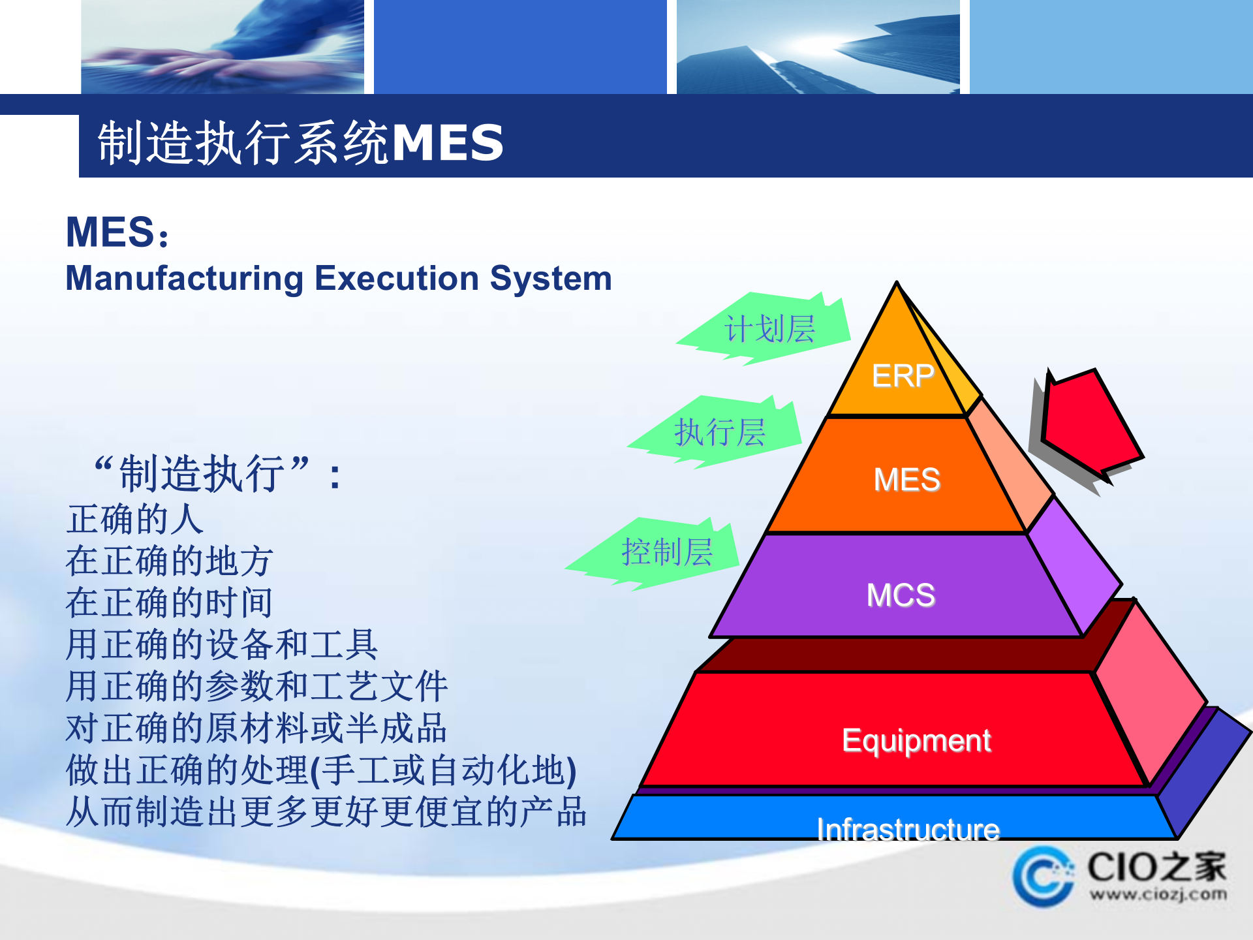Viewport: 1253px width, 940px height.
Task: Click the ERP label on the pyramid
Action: coord(903,376)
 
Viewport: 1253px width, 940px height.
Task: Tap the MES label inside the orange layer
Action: coord(906,480)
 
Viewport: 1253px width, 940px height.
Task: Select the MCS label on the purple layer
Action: coord(901,595)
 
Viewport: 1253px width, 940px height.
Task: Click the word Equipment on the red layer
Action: coord(916,741)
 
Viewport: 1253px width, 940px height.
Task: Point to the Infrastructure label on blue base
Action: coord(908,829)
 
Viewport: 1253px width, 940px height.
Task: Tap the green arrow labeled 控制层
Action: coord(666,553)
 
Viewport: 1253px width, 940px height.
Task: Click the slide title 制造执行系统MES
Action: coord(300,142)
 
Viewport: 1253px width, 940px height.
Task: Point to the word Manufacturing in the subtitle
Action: coord(185,279)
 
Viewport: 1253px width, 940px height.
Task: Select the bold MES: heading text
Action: coord(117,232)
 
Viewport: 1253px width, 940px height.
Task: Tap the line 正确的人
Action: coord(135,520)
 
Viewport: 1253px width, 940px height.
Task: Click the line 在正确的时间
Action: coord(169,603)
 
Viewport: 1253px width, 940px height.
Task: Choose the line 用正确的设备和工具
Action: coord(222,645)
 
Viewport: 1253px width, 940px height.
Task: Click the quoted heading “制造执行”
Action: coord(202,474)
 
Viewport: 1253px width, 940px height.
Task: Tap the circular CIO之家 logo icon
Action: coord(1042,877)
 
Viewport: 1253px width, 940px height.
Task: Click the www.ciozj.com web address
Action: coord(1158,894)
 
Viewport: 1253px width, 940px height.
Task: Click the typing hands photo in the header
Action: coord(222,47)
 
